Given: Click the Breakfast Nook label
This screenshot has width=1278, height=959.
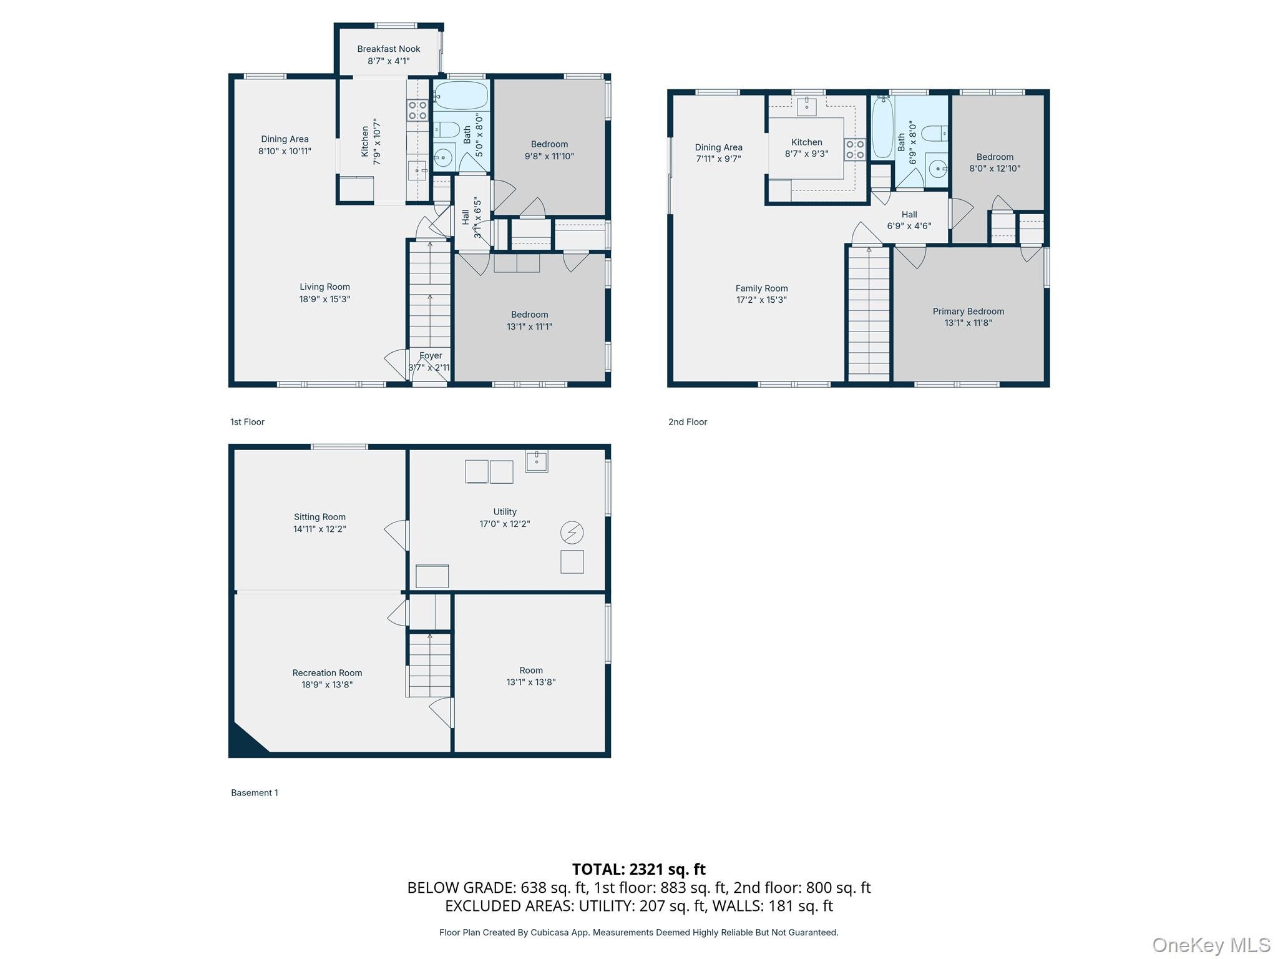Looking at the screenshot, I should point(388,49).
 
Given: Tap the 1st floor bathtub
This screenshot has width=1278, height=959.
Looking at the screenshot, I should point(461,95).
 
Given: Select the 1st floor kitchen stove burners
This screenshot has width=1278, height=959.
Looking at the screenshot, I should point(417,111).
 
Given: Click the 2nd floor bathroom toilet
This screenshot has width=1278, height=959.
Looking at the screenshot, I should point(934,133).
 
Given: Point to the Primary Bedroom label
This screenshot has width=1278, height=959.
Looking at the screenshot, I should point(968,311).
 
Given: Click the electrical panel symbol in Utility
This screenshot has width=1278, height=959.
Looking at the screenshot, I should point(572,533).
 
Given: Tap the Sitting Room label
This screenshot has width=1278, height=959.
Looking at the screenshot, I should point(319,516).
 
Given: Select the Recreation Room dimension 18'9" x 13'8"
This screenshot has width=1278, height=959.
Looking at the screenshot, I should point(327,684).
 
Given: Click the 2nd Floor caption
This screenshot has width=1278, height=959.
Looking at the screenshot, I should point(687,422).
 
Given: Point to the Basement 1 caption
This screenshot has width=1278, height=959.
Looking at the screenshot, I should point(254,792).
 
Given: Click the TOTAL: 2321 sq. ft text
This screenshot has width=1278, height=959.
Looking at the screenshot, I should point(638,868).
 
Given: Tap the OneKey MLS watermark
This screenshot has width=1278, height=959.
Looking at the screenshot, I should point(1211,945).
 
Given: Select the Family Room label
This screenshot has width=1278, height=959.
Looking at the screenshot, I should point(761,288).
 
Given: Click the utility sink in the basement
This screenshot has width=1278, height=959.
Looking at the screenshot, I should point(536,461).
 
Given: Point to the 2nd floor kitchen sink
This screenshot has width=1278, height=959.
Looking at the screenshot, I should point(806,106).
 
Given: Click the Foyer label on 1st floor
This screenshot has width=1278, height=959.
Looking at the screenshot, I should point(431,355).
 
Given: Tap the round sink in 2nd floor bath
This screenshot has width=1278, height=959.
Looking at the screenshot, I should point(937,169).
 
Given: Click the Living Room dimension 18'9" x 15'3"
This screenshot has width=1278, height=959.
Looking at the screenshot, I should point(324,299).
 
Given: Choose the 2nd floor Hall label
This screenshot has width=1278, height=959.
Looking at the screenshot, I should point(909,214).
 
